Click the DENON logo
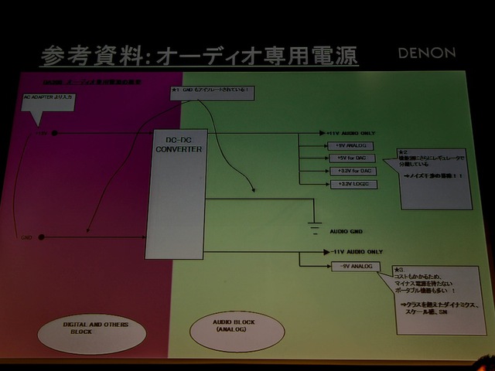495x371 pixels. coord(427,54)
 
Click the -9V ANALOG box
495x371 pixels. coord(353,267)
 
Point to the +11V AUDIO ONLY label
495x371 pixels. coord(355,133)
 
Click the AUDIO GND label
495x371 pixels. coord(346,231)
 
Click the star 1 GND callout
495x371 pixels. coord(210,92)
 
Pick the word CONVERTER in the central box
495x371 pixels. coord(177,149)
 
